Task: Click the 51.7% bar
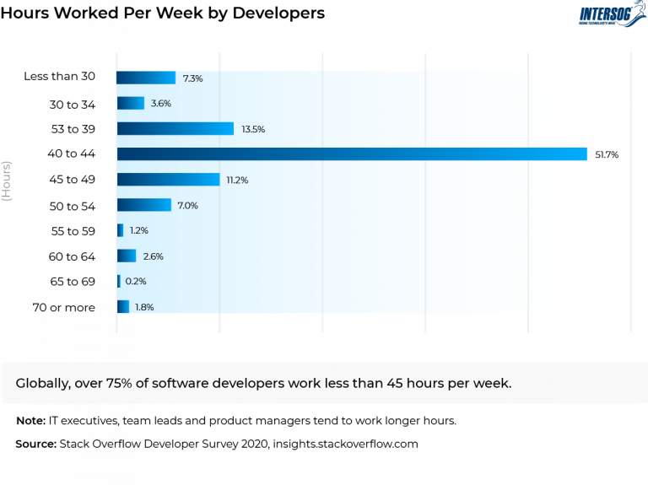(352, 154)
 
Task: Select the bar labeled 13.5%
(175, 129)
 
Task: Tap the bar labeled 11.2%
(168, 180)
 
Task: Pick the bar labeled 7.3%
(146, 78)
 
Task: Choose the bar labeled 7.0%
(143, 205)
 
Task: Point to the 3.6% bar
(130, 104)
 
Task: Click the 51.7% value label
(607, 155)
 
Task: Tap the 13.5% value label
(253, 130)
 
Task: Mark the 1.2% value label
(140, 231)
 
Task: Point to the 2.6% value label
(153, 256)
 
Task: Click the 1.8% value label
(144, 307)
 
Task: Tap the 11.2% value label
(236, 181)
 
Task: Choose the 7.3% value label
(192, 79)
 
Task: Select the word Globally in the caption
(43, 383)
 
